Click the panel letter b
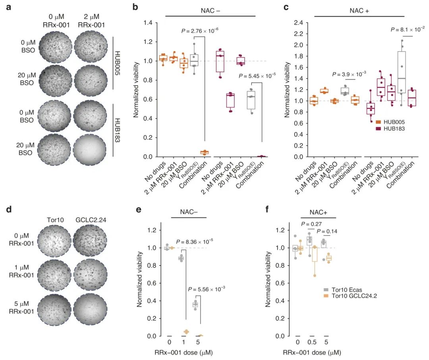click(x=135, y=7)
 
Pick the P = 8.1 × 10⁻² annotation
click(x=408, y=29)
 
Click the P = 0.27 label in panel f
click(x=311, y=224)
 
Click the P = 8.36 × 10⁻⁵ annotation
click(x=200, y=241)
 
